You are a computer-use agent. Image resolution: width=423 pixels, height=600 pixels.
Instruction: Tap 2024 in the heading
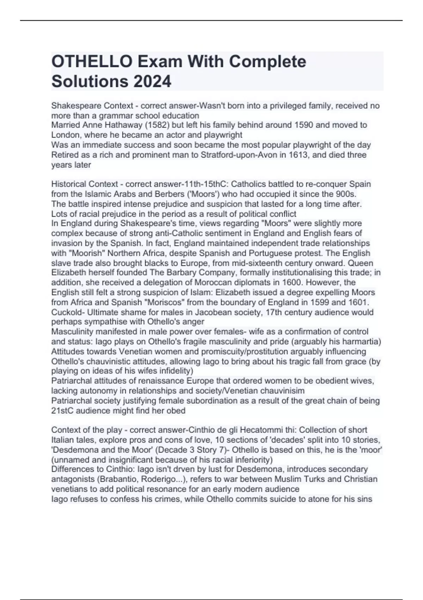click(152, 82)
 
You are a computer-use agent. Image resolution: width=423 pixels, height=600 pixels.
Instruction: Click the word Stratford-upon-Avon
click(239, 155)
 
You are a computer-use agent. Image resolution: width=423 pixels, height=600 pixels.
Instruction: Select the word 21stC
click(61, 411)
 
